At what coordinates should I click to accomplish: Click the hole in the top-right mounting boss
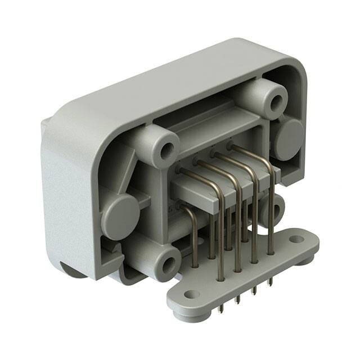point(276,102)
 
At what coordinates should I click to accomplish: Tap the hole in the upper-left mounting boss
point(167,151)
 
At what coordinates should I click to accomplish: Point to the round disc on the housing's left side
point(119,211)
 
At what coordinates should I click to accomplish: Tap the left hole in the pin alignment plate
point(192,294)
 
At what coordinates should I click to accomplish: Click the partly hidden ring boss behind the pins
point(276,209)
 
